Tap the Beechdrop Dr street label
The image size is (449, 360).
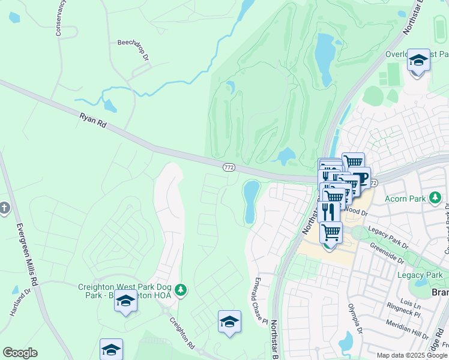(x=133, y=43)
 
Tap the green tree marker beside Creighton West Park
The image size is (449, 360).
(x=181, y=291)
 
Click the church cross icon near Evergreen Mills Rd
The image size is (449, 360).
(x=4, y=208)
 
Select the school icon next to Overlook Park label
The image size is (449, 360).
(x=418, y=61)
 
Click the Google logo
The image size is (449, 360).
(x=20, y=353)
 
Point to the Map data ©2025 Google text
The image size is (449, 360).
(x=412, y=355)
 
